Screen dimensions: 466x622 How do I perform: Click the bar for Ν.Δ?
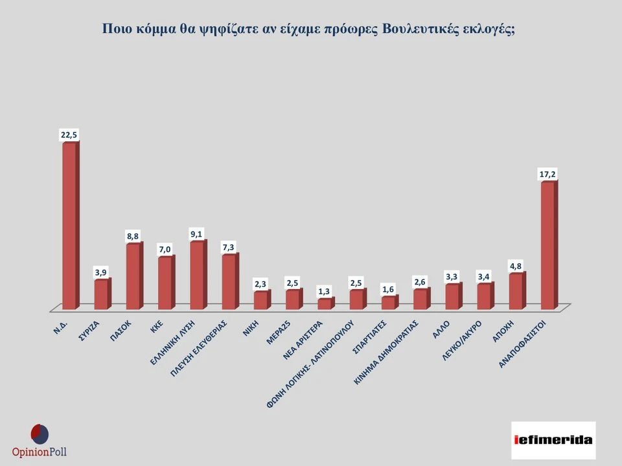point(69,225)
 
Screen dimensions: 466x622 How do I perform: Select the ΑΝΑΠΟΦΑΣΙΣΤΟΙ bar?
point(548,245)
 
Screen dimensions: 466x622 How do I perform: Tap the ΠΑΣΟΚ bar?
point(133,275)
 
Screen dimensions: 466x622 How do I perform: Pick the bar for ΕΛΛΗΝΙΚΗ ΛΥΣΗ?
point(197,274)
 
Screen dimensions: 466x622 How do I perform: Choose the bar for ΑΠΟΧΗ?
point(516,290)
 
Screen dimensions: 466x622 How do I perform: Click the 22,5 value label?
point(69,134)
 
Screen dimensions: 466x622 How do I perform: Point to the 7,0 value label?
point(165,249)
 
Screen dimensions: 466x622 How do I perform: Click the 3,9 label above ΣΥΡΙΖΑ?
point(101,272)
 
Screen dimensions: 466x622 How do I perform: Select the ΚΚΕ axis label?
point(157,325)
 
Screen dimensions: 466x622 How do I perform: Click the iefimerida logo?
point(553,440)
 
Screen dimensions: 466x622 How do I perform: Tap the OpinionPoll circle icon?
point(40,434)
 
